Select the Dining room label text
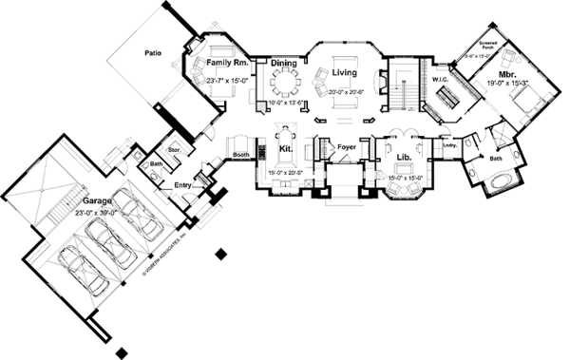(x=284, y=63)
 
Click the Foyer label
(x=347, y=146)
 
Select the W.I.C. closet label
(x=442, y=79)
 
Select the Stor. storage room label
(x=174, y=149)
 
